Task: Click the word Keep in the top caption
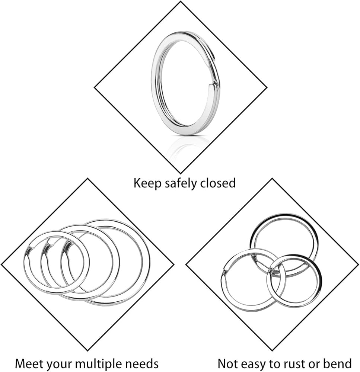(x=146, y=183)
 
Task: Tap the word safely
(x=180, y=183)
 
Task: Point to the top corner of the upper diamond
(x=181, y=2)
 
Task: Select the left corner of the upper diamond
(x=95, y=88)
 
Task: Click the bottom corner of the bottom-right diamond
(x=272, y=351)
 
